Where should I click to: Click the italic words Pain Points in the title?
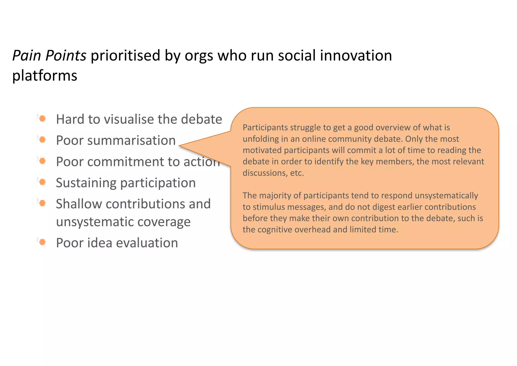tap(49, 56)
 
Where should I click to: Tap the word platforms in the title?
tap(45, 76)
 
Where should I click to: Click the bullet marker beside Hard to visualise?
tap(42, 118)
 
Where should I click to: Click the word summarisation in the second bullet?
tap(131, 140)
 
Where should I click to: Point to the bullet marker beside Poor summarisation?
tap(42, 140)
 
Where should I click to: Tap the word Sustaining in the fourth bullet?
tap(86, 183)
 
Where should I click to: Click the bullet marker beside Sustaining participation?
tap(42, 182)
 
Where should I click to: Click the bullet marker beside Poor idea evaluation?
tap(42, 242)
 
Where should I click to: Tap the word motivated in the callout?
tap(262, 150)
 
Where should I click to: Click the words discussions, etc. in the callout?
tap(273, 173)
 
